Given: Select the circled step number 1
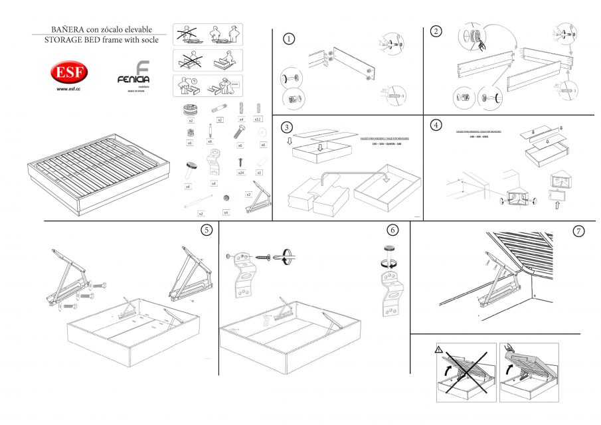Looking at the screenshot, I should [x=289, y=39].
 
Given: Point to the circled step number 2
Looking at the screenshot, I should [x=436, y=31].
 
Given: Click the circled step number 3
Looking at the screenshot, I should [x=286, y=127].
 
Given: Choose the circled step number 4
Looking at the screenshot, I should [x=436, y=125].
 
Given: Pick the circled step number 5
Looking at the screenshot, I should [x=207, y=230].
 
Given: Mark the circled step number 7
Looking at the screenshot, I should [x=578, y=231].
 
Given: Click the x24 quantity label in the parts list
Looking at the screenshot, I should [x=240, y=173].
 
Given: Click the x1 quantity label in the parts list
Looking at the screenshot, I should [x=259, y=173].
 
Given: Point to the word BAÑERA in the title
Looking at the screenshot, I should [x=67, y=30].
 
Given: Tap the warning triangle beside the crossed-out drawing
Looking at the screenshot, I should [x=439, y=349].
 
